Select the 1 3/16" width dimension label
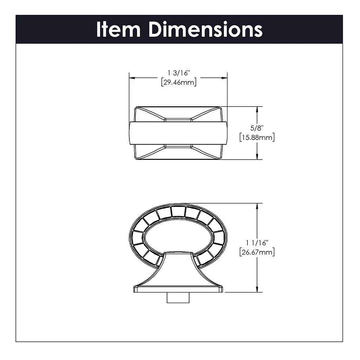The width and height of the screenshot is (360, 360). [179, 73]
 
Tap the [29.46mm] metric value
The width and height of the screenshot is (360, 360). [179, 82]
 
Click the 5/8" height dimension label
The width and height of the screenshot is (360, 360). [257, 128]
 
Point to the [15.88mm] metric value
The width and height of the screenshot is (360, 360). [257, 137]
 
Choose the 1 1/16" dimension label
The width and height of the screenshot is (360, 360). [257, 243]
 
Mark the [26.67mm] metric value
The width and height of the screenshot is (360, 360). [257, 252]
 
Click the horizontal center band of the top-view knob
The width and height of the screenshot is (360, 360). [178, 133]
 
